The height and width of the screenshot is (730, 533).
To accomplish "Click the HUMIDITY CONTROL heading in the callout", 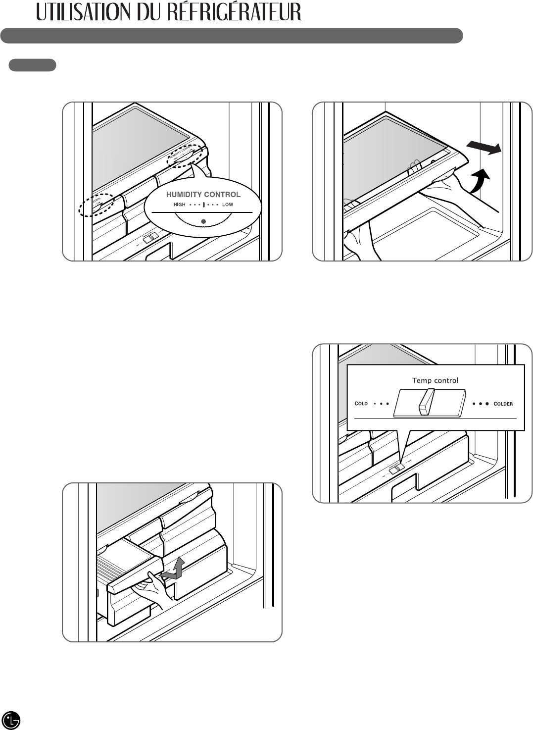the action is pos(203,194).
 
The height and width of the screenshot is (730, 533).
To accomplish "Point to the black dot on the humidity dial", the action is pos(203,220).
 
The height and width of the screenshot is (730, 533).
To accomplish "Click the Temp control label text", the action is pos(435,380).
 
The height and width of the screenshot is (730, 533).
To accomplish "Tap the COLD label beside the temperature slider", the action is pos(361,404).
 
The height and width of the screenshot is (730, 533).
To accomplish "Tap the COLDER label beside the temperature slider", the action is pos(503,404).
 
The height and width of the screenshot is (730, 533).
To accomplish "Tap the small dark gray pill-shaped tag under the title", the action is pos(33,65).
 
